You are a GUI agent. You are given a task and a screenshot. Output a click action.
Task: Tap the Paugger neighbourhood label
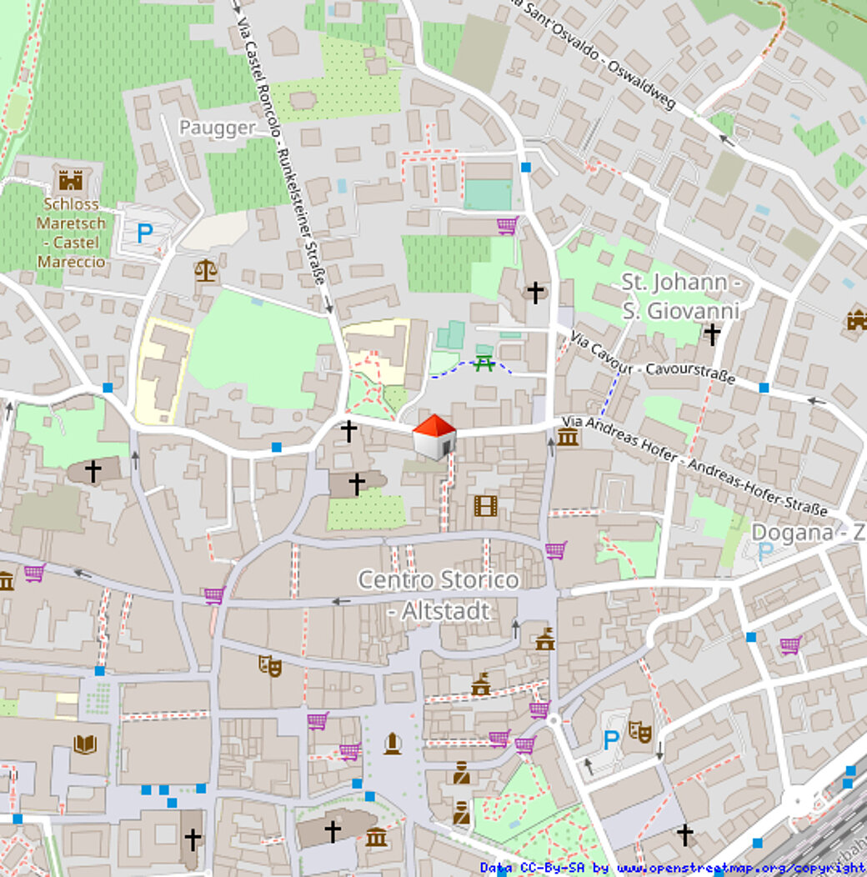tap(218, 128)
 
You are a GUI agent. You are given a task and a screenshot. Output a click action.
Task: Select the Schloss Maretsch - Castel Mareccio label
tap(71, 233)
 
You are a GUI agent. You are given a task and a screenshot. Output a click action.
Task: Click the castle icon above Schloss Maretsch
tap(71, 179)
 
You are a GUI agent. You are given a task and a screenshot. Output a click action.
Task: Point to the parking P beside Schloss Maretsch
tap(144, 233)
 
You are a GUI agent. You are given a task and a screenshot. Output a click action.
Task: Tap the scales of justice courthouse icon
tap(204, 269)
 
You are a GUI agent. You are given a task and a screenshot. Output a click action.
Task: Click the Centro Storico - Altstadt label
tap(439, 594)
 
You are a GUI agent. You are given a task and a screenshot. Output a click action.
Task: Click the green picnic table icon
tap(484, 363)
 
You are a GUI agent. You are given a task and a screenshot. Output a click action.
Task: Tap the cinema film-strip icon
tap(485, 505)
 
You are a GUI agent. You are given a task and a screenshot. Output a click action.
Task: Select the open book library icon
tap(85, 744)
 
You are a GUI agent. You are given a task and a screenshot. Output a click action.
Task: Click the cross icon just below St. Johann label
tap(711, 334)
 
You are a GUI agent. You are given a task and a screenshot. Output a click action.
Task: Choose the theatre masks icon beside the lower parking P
tap(639, 731)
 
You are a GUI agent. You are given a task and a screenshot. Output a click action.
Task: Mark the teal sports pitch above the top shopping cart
tap(488, 194)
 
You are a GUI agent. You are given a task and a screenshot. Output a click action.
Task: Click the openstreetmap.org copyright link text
tap(740, 868)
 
